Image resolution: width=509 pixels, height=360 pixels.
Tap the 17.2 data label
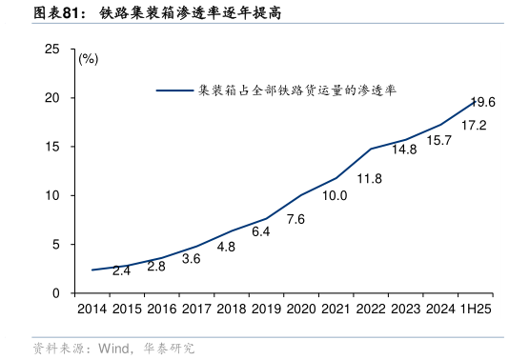474,126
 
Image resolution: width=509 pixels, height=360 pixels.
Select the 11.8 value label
369,178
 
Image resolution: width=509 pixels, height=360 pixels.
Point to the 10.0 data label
335,196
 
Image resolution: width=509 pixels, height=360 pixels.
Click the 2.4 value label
121,270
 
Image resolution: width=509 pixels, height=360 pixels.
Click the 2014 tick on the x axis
92,310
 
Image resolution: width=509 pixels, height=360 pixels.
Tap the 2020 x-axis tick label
300,310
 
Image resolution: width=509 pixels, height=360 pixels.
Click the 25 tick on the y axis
53,49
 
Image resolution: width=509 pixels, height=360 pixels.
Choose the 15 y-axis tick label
53,147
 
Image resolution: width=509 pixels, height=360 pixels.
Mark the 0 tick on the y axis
57,293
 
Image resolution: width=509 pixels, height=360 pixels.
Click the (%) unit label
88,59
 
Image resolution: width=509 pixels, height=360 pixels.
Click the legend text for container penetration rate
296,91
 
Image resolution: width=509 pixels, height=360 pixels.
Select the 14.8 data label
404,150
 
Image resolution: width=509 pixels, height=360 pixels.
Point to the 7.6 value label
295,220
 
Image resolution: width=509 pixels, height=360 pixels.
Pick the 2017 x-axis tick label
195,310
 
